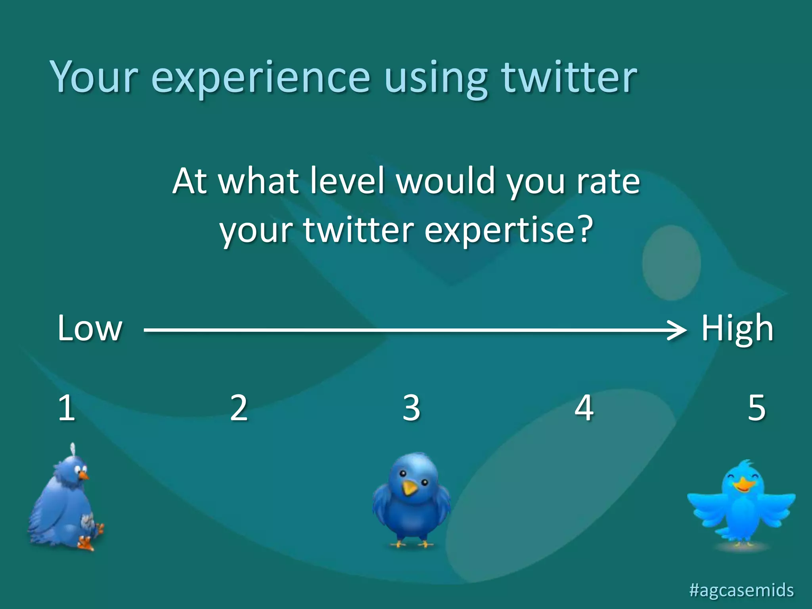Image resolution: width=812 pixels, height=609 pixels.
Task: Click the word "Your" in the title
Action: click(x=94, y=77)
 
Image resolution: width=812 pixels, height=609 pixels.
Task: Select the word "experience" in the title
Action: click(x=260, y=78)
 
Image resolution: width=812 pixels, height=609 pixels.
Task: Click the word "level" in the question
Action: click(x=347, y=181)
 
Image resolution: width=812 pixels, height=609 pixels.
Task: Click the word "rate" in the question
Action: click(x=608, y=182)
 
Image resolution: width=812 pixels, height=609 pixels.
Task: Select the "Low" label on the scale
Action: click(x=90, y=328)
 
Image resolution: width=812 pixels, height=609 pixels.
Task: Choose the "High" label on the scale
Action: click(x=737, y=328)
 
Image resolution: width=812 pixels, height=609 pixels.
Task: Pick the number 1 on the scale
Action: click(x=66, y=408)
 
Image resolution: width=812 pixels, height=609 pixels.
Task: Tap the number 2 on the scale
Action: click(x=239, y=408)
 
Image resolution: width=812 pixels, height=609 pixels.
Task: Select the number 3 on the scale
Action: click(x=411, y=408)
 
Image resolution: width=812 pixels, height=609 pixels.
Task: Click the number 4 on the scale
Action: click(x=584, y=408)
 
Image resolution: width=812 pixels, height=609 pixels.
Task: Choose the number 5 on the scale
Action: click(x=756, y=408)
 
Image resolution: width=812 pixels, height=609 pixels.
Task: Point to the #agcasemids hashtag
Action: click(x=741, y=590)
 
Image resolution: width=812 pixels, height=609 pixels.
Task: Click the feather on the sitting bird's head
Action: click(x=73, y=450)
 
